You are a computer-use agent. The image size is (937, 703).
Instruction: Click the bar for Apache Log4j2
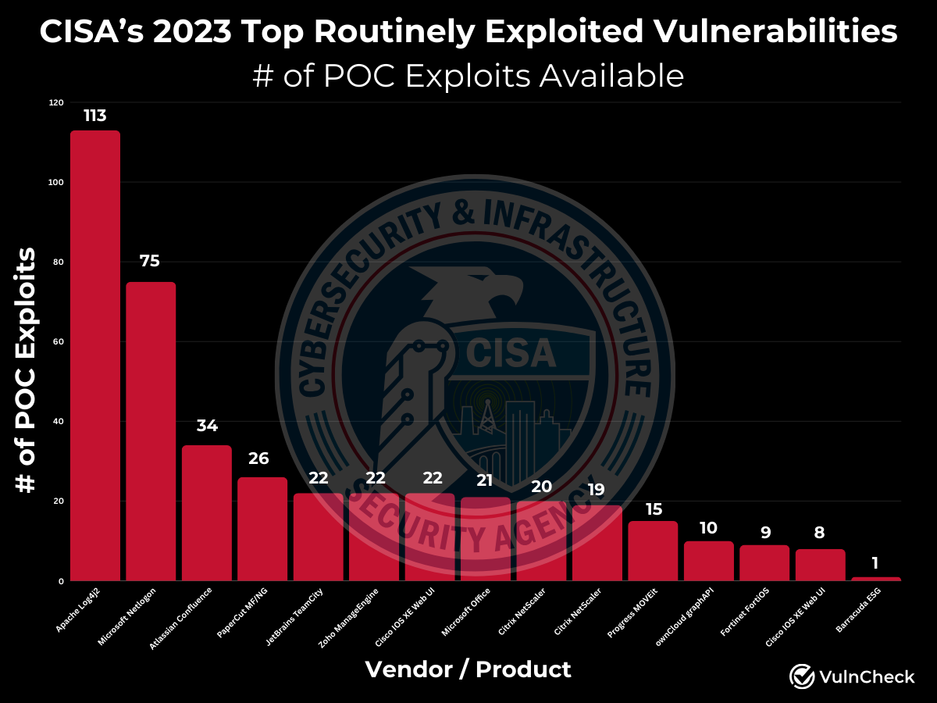pyautogui.click(x=95, y=355)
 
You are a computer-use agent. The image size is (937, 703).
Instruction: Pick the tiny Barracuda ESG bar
pyautogui.click(x=876, y=579)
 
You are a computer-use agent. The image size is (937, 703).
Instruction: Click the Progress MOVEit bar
pyautogui.click(x=653, y=551)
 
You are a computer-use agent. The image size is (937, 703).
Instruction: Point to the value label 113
pyautogui.click(x=95, y=116)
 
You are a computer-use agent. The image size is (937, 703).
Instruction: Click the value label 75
pyautogui.click(x=150, y=261)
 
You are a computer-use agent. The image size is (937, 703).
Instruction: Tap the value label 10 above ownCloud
pyautogui.click(x=708, y=528)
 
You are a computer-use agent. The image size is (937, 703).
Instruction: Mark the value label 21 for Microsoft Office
pyautogui.click(x=486, y=479)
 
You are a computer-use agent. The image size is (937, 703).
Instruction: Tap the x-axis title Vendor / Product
pyautogui.click(x=468, y=669)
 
